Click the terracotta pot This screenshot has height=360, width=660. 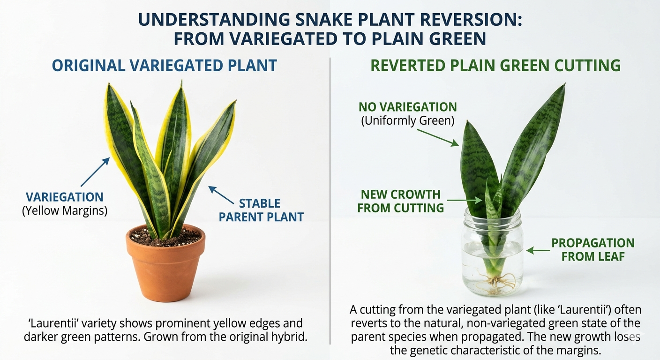[x=165, y=267]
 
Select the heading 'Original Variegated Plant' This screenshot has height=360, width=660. [x=164, y=65]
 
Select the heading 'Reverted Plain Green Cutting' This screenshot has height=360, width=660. [x=495, y=65]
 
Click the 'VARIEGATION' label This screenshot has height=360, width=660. [x=65, y=197]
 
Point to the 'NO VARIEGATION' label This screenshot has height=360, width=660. [x=407, y=106]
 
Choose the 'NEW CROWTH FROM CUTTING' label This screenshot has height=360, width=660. [x=400, y=201]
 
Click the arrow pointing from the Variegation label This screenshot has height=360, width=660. [x=95, y=172]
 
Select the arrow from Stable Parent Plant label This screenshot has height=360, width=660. [x=221, y=195]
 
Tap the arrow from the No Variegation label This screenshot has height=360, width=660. [x=438, y=137]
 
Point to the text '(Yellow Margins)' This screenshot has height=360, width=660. [x=65, y=211]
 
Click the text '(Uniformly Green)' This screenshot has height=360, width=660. [x=407, y=120]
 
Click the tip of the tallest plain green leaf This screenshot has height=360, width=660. [x=563, y=87]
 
